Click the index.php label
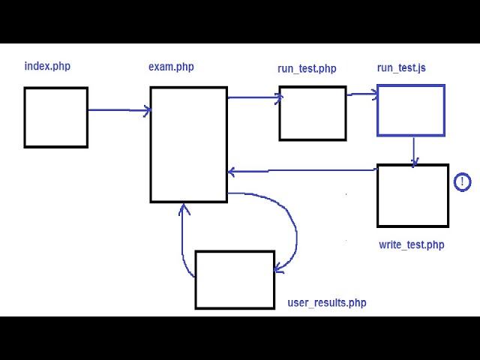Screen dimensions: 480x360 (47, 66)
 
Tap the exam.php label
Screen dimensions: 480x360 (171, 67)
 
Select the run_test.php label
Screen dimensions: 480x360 (307, 68)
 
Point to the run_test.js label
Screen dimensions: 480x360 (401, 67)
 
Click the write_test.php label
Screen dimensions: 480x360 (412, 245)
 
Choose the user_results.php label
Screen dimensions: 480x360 (327, 303)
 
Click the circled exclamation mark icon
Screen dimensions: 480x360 (462, 182)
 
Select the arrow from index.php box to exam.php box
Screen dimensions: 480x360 (119, 110)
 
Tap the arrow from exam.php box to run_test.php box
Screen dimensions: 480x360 (255, 97)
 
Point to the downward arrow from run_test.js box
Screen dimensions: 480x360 (414, 152)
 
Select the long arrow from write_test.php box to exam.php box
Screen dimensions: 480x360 (303, 170)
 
